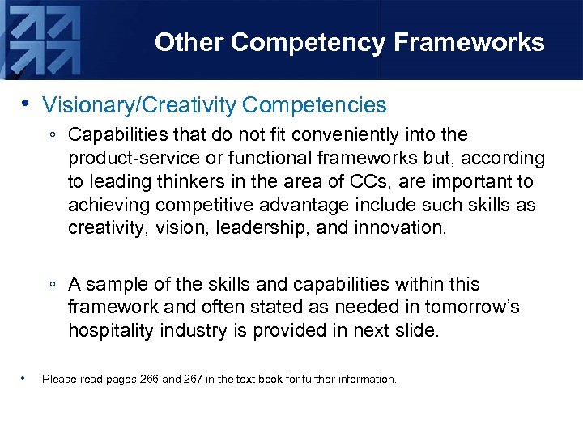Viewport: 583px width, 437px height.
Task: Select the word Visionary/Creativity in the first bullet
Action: (138, 105)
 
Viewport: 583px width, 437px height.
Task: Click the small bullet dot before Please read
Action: (26, 378)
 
